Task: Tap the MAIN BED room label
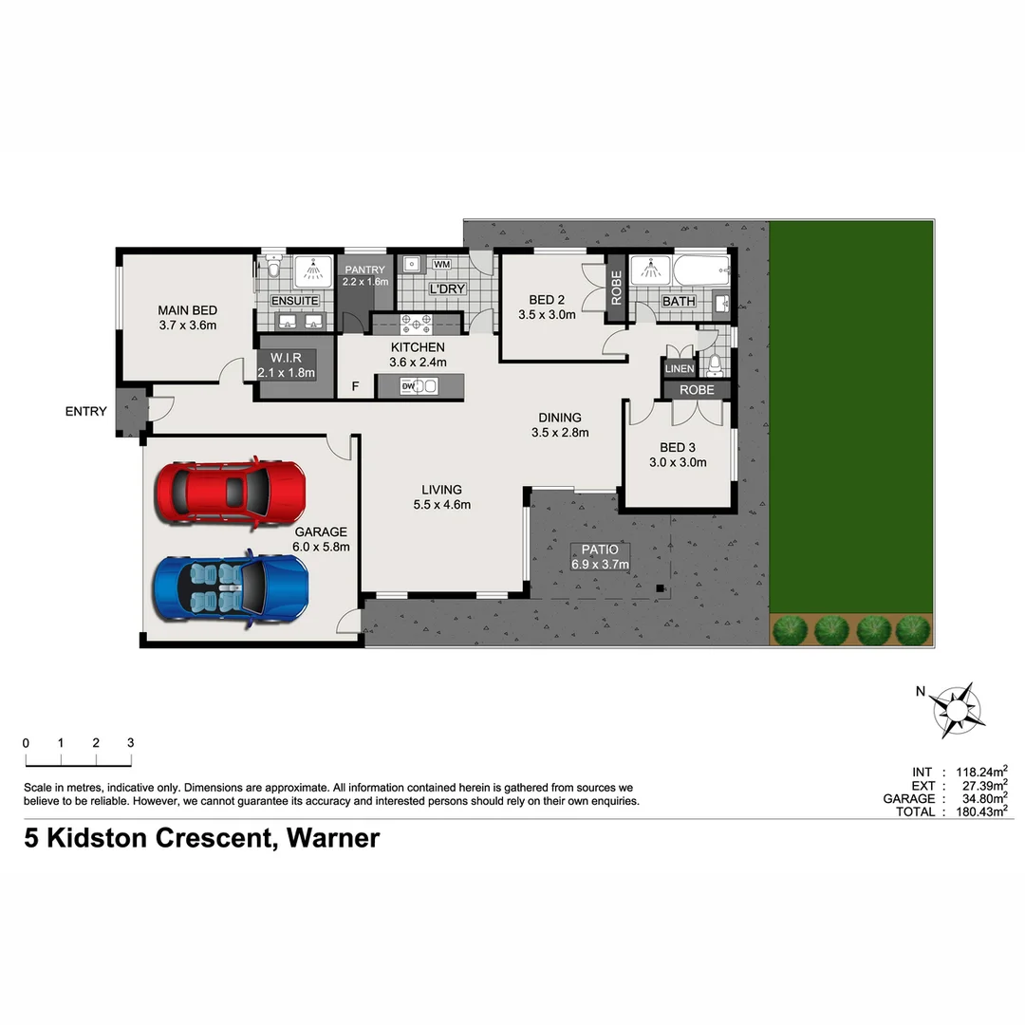187,310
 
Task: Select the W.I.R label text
286,358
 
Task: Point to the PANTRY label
364,270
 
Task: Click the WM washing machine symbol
442,264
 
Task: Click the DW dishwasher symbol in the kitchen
409,386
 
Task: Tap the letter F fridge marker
356,386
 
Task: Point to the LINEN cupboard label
678,368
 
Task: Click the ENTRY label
85,412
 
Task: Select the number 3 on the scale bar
131,743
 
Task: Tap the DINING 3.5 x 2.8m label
560,424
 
